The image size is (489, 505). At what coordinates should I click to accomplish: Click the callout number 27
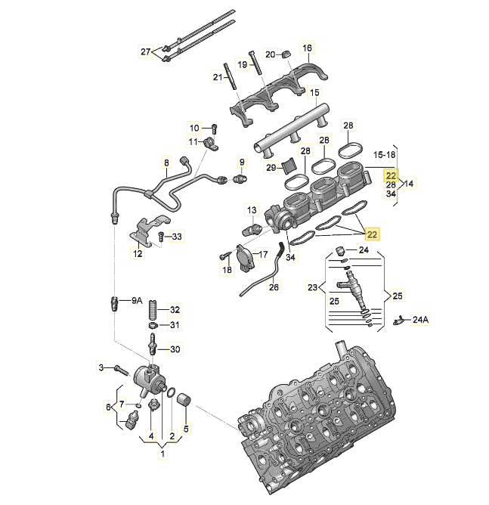coord(146,51)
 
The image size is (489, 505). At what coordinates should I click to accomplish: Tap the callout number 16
coord(307,48)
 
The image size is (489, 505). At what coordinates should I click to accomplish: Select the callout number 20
coord(271,54)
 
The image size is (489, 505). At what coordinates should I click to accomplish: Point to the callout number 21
coord(217,76)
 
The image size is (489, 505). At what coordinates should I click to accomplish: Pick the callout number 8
coord(167,163)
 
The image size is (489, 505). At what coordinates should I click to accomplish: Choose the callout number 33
coord(177,237)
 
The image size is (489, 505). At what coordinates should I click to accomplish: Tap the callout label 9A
coord(137,300)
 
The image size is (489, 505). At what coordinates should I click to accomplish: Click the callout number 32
coord(175,309)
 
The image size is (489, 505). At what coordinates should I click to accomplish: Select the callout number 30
coord(175,349)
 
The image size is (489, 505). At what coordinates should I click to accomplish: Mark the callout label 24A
coord(419,320)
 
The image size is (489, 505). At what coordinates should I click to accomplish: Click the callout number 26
coord(274,287)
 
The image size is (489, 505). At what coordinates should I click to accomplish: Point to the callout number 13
coord(252,209)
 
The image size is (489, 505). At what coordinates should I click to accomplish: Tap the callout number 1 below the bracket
coord(162,456)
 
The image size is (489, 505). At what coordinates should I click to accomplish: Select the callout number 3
coord(101,367)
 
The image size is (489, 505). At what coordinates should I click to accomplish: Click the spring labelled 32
coord(153,309)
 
